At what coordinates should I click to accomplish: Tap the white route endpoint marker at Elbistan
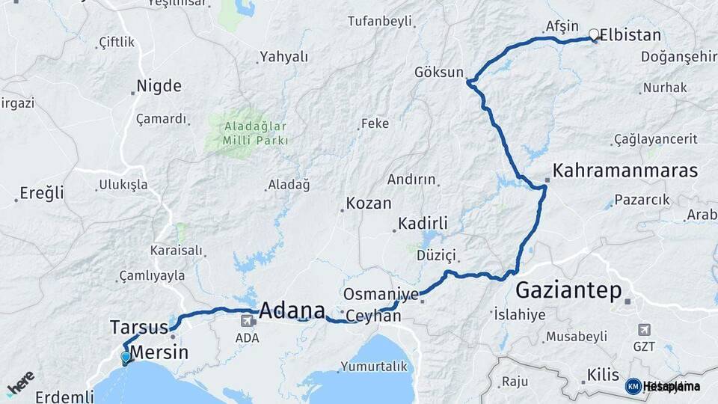tap(594, 34)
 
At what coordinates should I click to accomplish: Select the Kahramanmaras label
tap(625, 171)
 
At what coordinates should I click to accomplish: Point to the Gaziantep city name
tap(568, 290)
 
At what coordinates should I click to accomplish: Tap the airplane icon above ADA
tap(247, 321)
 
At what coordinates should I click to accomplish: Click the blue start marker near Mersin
tap(126, 358)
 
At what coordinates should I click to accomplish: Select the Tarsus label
tap(139, 328)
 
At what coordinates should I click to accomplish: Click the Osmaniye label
tap(381, 293)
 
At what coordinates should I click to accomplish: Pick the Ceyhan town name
tap(373, 316)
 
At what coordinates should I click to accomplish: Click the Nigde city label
tap(159, 86)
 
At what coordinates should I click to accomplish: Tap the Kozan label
tap(368, 203)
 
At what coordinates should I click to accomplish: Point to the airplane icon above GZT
tap(644, 329)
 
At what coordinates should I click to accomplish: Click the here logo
tap(20, 382)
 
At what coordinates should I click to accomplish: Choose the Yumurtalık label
tap(374, 367)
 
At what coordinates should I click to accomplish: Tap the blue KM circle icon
tap(633, 386)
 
